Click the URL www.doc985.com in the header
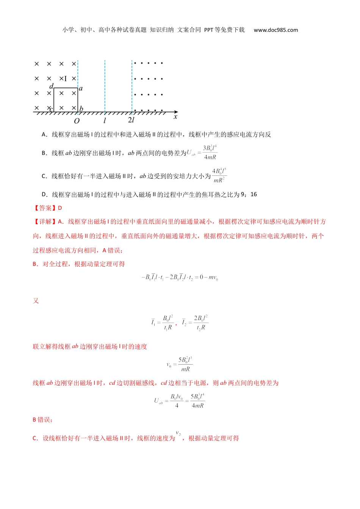coord(275,30)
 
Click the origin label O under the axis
coord(77,121)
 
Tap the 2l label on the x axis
coord(131,120)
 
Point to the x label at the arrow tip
coord(175,117)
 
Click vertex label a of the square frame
coord(81,88)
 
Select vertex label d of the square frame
coord(52,86)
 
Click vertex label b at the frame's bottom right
coord(81,109)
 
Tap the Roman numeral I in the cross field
coord(65,79)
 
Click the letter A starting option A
coord(44,134)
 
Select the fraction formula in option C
coord(219,176)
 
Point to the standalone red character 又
coord(36,301)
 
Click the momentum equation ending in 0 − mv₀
coord(180,278)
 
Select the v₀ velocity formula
coord(180,364)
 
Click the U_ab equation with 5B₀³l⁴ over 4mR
coord(180,401)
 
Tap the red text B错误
coord(43,420)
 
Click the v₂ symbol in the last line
coord(178,433)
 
